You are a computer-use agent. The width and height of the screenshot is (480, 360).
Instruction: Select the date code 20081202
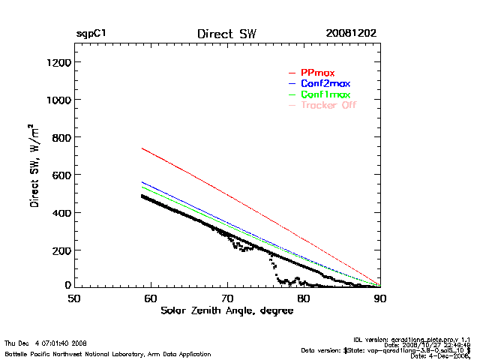[351, 34]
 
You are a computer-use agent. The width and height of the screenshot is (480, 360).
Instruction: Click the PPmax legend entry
[317, 72]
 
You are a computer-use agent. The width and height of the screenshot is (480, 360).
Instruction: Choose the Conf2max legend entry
[325, 83]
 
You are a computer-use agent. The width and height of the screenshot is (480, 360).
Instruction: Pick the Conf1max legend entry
[325, 94]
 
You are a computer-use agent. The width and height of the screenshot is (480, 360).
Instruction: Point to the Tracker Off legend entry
[328, 105]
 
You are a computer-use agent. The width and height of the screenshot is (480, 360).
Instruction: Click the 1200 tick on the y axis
[58, 62]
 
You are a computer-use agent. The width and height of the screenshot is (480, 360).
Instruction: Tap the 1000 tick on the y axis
[58, 100]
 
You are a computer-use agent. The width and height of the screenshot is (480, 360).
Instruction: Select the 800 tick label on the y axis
[60, 137]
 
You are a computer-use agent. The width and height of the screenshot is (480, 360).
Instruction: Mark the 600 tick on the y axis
[60, 175]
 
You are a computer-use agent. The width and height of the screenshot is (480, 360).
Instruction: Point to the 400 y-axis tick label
[60, 212]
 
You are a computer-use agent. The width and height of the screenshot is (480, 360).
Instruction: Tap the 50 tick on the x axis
[73, 298]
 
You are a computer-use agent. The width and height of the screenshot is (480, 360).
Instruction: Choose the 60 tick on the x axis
[150, 298]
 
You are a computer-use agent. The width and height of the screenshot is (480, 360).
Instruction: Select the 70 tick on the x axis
[227, 298]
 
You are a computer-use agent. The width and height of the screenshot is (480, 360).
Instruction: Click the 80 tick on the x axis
[304, 298]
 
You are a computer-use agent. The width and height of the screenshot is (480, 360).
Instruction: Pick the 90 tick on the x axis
[380, 298]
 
